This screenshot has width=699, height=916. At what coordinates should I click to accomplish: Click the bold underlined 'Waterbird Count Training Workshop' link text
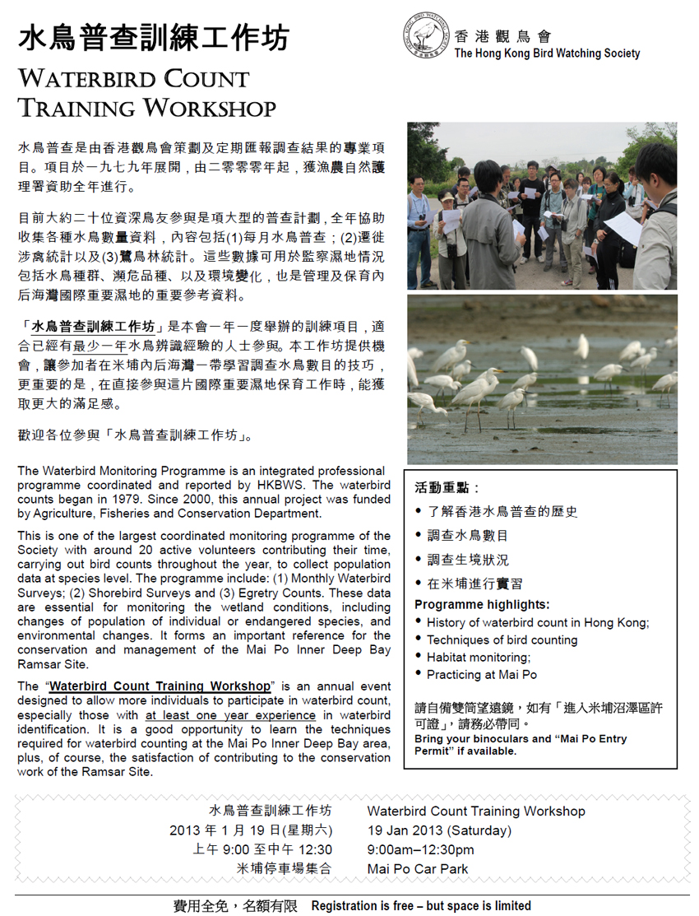[160, 686]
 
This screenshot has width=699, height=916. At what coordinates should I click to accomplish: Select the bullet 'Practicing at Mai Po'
[481, 674]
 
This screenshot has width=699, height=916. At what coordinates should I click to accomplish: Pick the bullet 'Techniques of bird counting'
[502, 639]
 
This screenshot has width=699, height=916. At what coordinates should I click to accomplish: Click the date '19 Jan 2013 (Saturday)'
[439, 830]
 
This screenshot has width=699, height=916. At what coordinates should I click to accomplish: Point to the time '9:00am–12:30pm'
[420, 849]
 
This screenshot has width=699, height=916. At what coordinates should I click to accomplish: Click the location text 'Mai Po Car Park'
[418, 868]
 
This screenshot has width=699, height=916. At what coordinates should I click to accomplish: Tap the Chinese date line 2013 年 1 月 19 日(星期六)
[251, 830]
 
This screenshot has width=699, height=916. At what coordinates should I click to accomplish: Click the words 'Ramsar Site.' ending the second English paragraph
[53, 664]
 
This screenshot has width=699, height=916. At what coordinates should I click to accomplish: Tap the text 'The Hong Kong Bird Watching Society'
[547, 53]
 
